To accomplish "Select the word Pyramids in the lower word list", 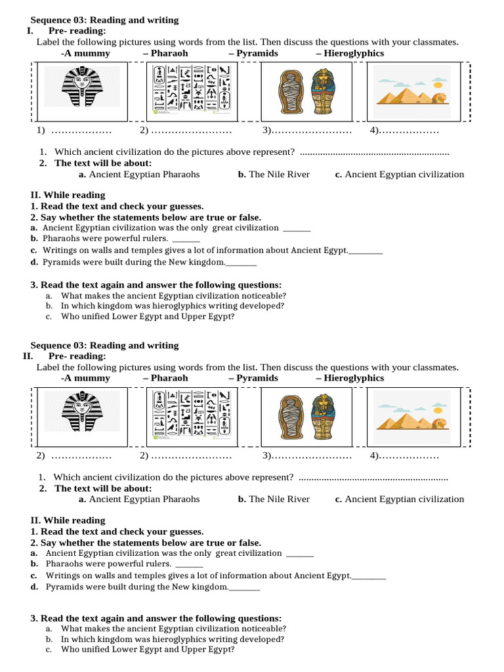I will coord(257,378).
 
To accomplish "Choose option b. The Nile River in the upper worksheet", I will coord(274,175).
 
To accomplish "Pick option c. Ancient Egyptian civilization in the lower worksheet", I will coord(399,499).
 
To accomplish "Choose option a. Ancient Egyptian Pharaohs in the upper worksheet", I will coord(139,175).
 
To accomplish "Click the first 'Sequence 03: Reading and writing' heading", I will coord(104,20).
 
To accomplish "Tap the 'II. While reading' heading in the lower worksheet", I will coord(68,520).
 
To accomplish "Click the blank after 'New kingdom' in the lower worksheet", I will coord(245,588).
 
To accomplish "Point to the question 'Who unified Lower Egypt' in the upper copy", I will coord(147,316).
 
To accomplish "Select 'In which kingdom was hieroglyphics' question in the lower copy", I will coord(172,639).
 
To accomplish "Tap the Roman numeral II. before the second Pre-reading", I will coord(28,356).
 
